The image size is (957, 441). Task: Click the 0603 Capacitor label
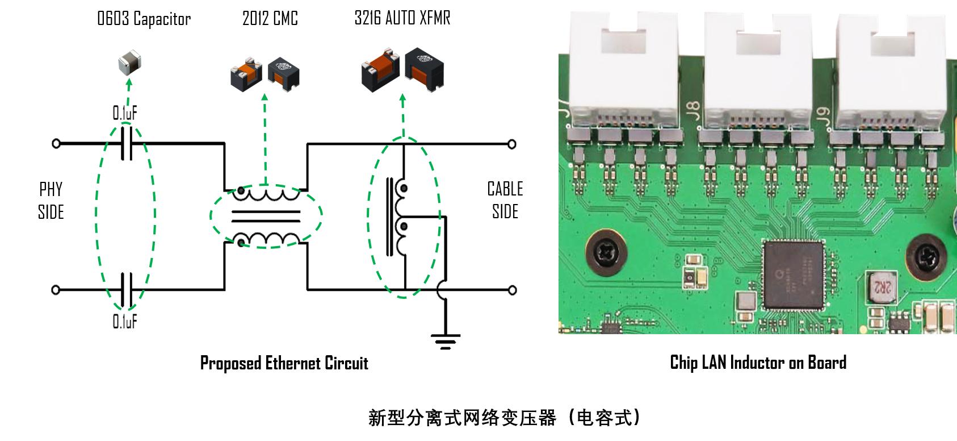[x=144, y=19]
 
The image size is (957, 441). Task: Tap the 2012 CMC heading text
[x=270, y=19]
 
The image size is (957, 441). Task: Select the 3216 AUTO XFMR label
[x=402, y=18]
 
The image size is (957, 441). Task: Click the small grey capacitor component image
[x=129, y=61]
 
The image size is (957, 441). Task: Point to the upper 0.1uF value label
[x=125, y=114]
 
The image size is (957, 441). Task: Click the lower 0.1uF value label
[x=125, y=322]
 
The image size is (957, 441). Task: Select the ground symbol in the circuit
[x=446, y=340]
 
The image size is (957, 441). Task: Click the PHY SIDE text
[x=51, y=201]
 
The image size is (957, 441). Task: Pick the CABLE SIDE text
[x=505, y=200]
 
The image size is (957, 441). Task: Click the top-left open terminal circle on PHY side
[x=56, y=144]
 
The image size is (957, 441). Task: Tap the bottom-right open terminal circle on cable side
[x=512, y=290]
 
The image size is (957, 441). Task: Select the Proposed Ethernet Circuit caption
[x=284, y=363]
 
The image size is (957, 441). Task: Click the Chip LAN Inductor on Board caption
[x=758, y=363]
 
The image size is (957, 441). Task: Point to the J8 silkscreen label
[x=692, y=108]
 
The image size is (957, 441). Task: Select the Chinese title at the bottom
[x=505, y=418]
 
